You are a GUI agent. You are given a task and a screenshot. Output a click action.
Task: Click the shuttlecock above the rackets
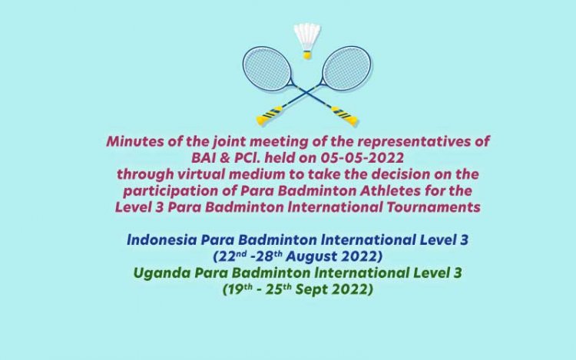pos(307,40)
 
